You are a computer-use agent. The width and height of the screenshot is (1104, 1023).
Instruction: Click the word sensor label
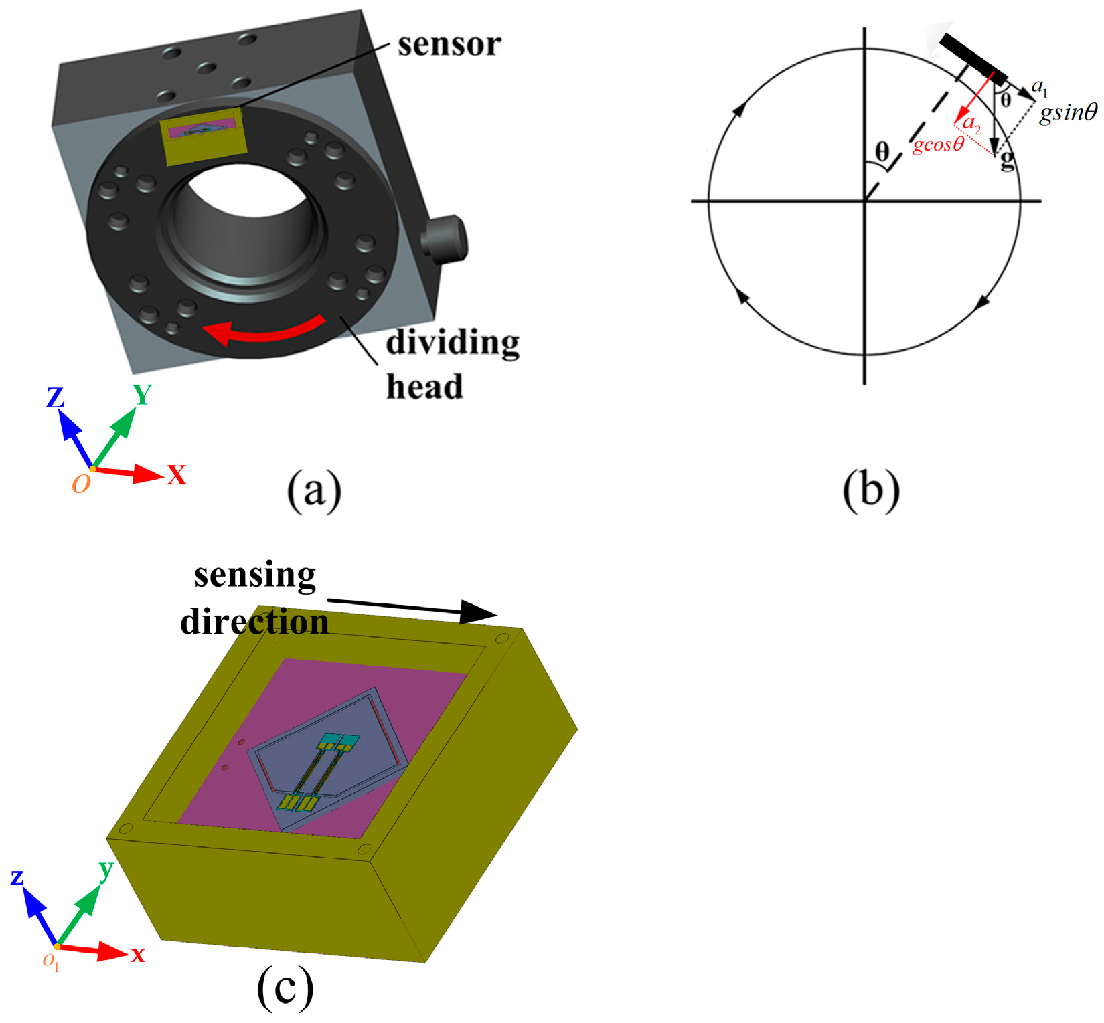(x=449, y=45)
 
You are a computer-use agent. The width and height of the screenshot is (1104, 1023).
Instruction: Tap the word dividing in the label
(x=453, y=343)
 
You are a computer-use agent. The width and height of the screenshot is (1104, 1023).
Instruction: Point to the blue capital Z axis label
(x=55, y=398)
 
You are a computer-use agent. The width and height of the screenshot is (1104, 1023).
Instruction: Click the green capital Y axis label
(x=142, y=395)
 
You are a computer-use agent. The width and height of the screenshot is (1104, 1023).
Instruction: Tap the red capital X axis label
(x=177, y=475)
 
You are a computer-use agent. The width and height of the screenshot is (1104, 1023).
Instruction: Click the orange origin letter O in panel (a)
(x=81, y=484)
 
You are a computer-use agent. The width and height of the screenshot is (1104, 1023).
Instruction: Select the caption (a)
(x=314, y=490)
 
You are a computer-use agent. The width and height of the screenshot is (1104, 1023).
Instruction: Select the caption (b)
(x=870, y=490)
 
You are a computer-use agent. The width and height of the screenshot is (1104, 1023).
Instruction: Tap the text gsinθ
(x=1068, y=112)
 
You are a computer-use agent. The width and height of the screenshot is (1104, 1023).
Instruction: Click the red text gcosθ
(x=938, y=144)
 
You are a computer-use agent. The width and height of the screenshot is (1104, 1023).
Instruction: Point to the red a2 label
(x=971, y=124)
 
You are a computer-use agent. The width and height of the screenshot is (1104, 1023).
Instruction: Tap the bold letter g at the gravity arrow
(x=1006, y=161)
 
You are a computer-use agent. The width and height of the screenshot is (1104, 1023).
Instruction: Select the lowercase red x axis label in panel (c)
(x=138, y=954)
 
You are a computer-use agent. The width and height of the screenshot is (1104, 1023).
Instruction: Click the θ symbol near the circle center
(x=882, y=152)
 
